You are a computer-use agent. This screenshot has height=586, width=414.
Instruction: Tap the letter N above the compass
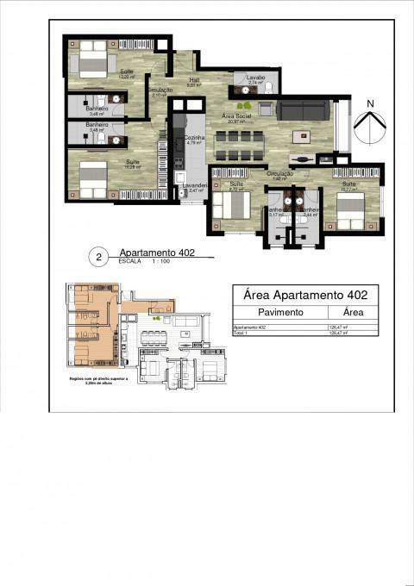[x=369, y=104]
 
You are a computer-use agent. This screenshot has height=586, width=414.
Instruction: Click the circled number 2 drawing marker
[x=99, y=256]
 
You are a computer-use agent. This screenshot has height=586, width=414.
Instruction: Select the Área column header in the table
[x=352, y=313]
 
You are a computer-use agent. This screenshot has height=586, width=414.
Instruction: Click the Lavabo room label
[x=255, y=78]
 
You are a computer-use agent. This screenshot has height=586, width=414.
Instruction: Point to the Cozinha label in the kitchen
[x=194, y=138]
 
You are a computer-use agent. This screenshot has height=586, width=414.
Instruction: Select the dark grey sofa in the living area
[x=304, y=110]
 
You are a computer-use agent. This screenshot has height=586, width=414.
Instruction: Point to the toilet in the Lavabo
[x=268, y=88]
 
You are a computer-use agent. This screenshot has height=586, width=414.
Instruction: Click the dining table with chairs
[x=237, y=145]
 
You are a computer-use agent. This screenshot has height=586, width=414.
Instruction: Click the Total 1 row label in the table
[x=241, y=333]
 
